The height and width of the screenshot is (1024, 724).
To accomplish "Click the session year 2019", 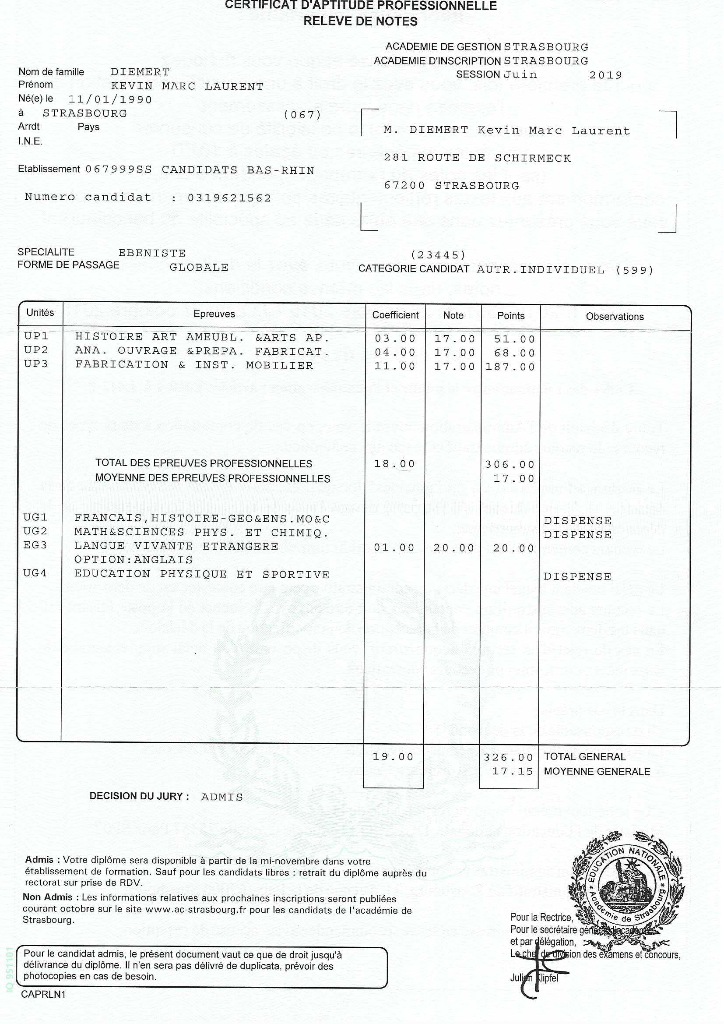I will click(x=605, y=75).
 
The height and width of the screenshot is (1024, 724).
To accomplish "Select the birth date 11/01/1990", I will click(x=110, y=99).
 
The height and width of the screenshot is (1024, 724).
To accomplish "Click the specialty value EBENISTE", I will click(x=152, y=253).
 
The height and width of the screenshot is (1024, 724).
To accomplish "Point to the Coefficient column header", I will click(x=395, y=315).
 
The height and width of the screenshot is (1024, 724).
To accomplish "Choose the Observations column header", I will click(x=614, y=317).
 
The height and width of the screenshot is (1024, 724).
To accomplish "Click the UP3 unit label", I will click(x=35, y=364).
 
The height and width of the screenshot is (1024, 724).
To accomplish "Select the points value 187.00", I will click(x=510, y=367).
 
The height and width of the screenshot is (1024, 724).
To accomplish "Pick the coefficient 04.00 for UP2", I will click(x=395, y=352).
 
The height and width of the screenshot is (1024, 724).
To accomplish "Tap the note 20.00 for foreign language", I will click(x=454, y=548).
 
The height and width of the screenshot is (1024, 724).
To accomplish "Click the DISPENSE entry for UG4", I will click(x=577, y=577).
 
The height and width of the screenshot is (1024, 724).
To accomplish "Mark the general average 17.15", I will click(x=512, y=772).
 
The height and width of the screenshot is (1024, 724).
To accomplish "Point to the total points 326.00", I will click(x=508, y=758).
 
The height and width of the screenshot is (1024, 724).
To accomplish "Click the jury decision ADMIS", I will click(x=222, y=797).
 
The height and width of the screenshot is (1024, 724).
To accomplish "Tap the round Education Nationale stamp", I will click(x=626, y=884).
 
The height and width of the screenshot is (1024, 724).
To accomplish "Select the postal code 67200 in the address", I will click(x=404, y=186).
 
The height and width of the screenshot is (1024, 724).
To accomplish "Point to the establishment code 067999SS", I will click(x=119, y=170).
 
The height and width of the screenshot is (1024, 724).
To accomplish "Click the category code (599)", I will click(x=634, y=270).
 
